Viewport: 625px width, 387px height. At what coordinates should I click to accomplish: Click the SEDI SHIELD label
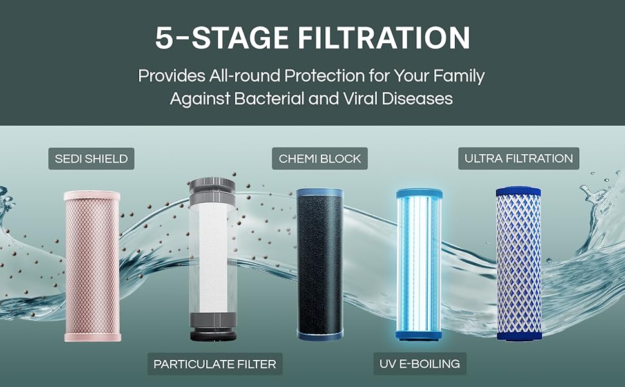click(91, 159)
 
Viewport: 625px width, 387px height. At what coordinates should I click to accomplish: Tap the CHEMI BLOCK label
click(320, 159)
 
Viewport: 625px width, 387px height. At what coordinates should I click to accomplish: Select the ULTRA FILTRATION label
click(519, 158)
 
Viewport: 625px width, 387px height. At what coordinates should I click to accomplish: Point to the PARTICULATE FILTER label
click(215, 364)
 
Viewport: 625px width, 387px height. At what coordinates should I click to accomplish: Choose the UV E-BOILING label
click(419, 364)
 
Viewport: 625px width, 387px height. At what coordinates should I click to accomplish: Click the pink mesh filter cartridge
click(93, 266)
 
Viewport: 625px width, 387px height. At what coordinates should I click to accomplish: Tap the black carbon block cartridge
click(320, 264)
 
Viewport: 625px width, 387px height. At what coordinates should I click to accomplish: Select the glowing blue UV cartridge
click(419, 264)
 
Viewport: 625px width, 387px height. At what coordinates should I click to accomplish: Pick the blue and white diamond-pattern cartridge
click(519, 263)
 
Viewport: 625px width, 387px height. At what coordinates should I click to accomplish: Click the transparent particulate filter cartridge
click(213, 259)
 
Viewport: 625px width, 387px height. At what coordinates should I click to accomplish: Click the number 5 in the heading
click(164, 38)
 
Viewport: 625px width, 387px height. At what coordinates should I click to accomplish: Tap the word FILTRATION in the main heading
click(384, 38)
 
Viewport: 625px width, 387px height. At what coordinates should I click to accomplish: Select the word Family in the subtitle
click(459, 76)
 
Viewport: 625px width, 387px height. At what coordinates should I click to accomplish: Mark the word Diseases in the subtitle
click(417, 99)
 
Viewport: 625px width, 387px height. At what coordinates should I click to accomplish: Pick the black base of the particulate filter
click(213, 334)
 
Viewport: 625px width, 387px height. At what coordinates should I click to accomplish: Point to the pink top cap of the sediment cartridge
click(92, 195)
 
